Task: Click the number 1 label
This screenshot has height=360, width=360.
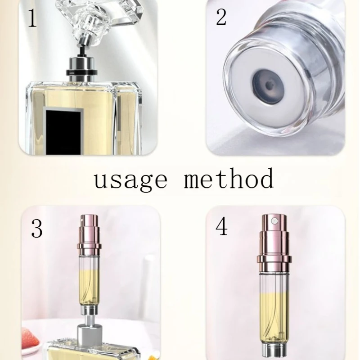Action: (x=32, y=19)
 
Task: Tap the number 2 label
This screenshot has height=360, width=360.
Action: (x=221, y=18)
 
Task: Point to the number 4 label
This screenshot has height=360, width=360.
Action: (x=221, y=227)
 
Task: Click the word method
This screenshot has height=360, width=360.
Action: (x=229, y=179)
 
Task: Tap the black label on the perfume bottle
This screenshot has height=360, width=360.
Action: (x=63, y=130)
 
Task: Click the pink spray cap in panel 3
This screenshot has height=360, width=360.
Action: (x=90, y=234)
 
